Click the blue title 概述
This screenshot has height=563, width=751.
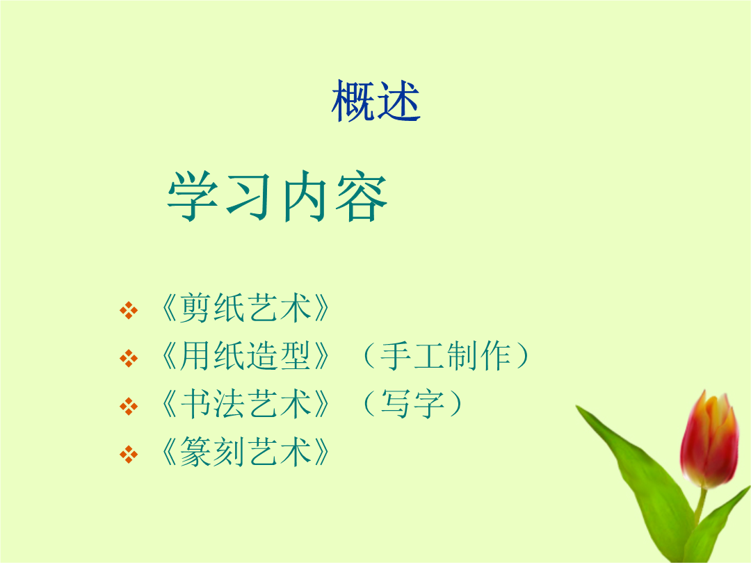click(376, 101)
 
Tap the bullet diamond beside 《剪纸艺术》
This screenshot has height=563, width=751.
click(129, 310)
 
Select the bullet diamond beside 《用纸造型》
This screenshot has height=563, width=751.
click(129, 358)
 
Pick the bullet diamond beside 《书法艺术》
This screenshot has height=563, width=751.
click(129, 406)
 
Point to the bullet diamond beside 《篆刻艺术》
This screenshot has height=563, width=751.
click(129, 454)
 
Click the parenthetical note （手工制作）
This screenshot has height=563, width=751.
click(446, 356)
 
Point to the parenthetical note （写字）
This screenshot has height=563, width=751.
click(412, 404)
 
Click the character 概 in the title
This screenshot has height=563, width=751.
click(353, 101)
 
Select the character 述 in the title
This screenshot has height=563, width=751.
click(398, 101)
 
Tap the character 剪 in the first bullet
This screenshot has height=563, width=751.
click(196, 308)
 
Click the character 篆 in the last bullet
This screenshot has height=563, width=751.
click(196, 452)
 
